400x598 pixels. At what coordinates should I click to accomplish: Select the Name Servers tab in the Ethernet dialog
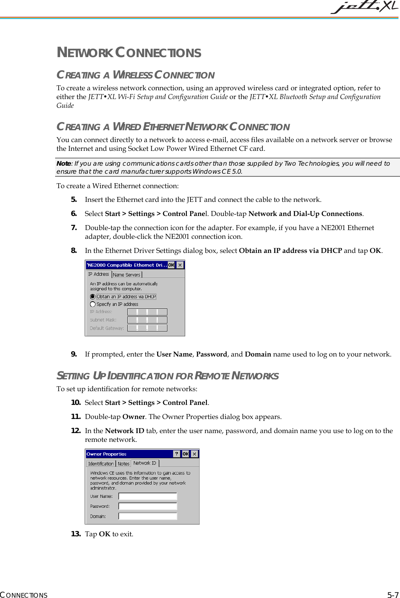click(x=127, y=275)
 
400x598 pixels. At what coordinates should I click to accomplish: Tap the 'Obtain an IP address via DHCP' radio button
click(x=92, y=296)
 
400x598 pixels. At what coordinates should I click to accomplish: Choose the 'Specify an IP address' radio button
click(x=92, y=304)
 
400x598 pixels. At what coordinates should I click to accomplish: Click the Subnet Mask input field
click(x=147, y=320)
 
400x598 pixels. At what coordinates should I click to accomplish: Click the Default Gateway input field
click(x=147, y=328)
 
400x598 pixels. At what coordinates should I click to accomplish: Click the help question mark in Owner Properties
click(x=177, y=454)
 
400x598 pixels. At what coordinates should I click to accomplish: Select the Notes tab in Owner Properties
click(x=124, y=464)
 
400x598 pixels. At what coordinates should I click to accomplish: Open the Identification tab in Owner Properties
click(x=101, y=464)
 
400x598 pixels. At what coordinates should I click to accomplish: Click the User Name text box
click(x=148, y=496)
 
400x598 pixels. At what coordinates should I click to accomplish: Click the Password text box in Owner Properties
click(x=148, y=506)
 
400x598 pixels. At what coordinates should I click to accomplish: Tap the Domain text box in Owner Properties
click(x=148, y=516)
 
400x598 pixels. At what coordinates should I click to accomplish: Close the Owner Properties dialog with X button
click(x=194, y=454)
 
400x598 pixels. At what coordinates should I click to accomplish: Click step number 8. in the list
click(x=74, y=251)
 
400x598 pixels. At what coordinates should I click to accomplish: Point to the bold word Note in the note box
click(x=63, y=163)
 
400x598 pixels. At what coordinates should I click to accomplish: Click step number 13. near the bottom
click(x=76, y=534)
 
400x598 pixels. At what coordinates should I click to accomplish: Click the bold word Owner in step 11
click(x=133, y=417)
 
